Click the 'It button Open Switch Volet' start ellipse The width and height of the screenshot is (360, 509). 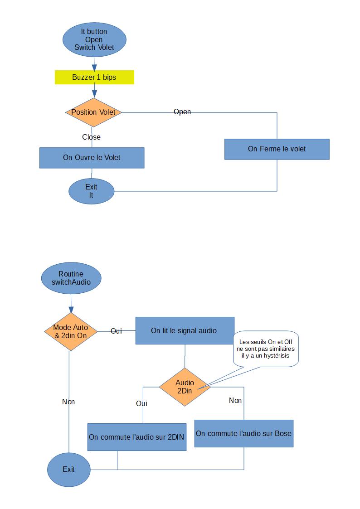tap(94, 39)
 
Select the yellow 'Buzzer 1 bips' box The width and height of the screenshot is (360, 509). tap(94, 77)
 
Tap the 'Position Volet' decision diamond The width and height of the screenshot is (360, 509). tap(93, 112)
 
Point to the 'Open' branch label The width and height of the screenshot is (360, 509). tap(182, 111)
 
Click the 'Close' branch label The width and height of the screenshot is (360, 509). tap(91, 137)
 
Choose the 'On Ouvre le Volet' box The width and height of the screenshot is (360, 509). tap(92, 158)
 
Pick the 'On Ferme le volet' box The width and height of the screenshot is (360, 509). tap(277, 149)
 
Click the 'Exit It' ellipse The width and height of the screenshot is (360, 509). tap(91, 191)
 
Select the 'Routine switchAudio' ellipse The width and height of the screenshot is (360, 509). tap(71, 278)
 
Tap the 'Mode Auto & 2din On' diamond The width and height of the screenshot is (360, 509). tap(71, 331)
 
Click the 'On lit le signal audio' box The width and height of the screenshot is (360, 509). tap(185, 330)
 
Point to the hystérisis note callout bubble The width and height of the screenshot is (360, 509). tap(265, 349)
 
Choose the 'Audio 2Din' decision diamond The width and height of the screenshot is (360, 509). tap(185, 387)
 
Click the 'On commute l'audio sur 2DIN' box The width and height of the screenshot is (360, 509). tap(136, 437)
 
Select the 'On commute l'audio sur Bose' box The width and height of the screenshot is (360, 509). tap(243, 433)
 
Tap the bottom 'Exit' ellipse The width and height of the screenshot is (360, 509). tap(68, 469)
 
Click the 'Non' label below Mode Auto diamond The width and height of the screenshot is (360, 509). tap(68, 402)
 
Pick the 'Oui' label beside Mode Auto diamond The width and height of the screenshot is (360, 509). tap(116, 331)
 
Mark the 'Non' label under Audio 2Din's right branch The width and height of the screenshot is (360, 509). tap(235, 400)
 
